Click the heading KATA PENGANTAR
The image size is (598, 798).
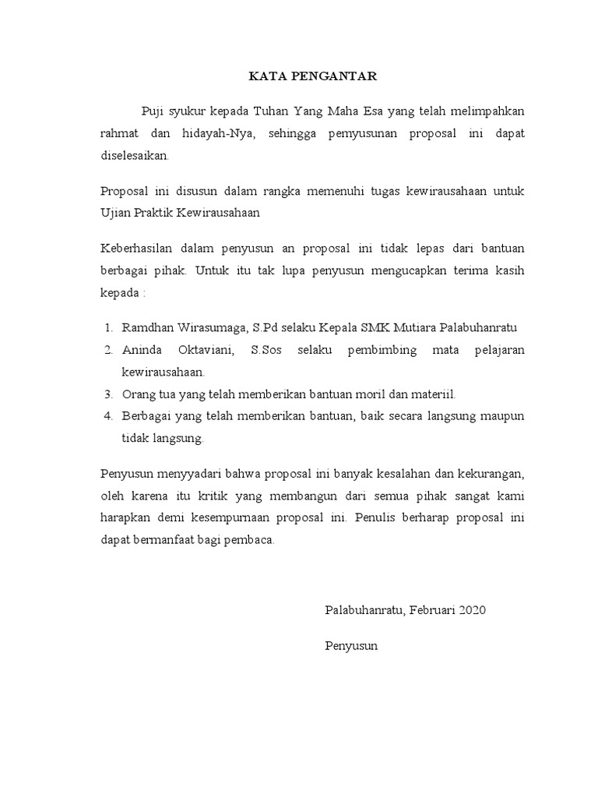(313, 76)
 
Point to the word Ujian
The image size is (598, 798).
(116, 212)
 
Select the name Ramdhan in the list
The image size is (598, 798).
(146, 327)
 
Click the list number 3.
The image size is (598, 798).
(107, 394)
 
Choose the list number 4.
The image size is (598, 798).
(107, 416)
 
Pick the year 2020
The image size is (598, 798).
(472, 610)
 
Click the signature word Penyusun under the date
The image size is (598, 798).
(351, 646)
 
